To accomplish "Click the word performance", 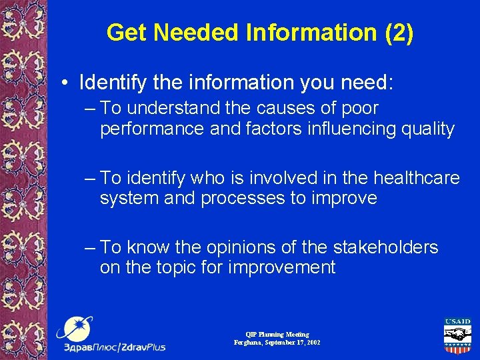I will pyautogui.click(x=152, y=129).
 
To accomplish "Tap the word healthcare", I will pyautogui.click(x=417, y=178).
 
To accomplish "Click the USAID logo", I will pyautogui.click(x=457, y=336).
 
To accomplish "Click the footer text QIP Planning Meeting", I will pyautogui.click(x=277, y=334).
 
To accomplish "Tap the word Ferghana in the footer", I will pyautogui.click(x=248, y=342).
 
